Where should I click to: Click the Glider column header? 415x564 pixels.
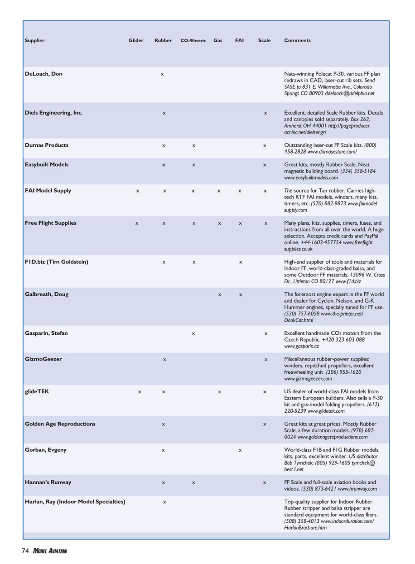(136, 41)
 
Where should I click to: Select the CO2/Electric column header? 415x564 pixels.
(193, 41)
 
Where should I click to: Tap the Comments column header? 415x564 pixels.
(297, 41)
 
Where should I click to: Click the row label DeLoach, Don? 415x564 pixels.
(43, 74)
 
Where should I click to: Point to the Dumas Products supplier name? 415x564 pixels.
(47, 145)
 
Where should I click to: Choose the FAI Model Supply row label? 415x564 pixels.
(48, 191)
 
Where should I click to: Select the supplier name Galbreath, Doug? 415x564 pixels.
(47, 294)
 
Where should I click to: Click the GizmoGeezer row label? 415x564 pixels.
(43, 359)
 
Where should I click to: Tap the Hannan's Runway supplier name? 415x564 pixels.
(48, 482)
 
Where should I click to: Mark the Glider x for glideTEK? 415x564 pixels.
(139, 392)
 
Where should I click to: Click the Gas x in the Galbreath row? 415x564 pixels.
(220, 295)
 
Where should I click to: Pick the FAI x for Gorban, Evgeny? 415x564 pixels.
(240, 450)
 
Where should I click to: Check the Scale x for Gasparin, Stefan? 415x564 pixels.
(265, 334)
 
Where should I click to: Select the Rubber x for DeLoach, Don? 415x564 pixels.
(162, 74)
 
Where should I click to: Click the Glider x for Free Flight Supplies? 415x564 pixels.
(137, 223)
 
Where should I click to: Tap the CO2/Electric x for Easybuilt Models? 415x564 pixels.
(193, 165)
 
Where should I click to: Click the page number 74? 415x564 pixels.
(25, 551)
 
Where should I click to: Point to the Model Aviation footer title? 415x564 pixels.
(50, 551)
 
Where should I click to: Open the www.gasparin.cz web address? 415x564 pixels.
(301, 347)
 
